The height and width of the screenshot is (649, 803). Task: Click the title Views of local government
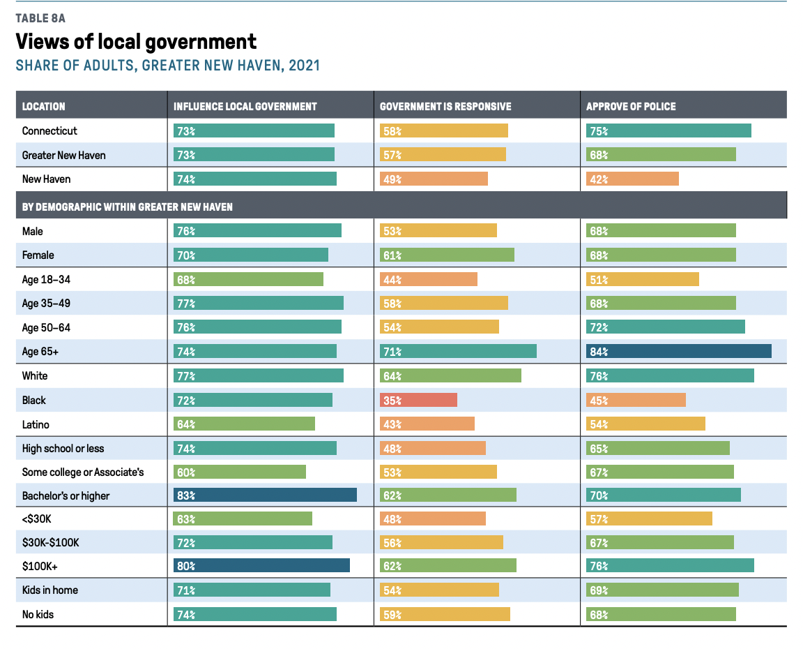pyautogui.click(x=136, y=42)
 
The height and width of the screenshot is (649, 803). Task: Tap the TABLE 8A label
pyautogui.click(x=40, y=18)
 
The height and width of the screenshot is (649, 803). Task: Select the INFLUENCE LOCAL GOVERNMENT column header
pyautogui.click(x=245, y=107)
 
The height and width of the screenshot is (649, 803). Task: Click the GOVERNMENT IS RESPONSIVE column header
pyautogui.click(x=445, y=107)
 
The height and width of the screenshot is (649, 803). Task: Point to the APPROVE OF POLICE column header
pyautogui.click(x=631, y=107)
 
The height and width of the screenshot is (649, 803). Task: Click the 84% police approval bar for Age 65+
pyautogui.click(x=679, y=351)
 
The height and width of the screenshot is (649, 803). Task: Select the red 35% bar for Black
pyautogui.click(x=418, y=400)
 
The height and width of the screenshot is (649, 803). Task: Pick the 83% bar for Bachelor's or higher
pyautogui.click(x=265, y=495)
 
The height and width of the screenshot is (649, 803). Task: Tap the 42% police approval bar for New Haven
pyautogui.click(x=632, y=179)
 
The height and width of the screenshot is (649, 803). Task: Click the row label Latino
pyautogui.click(x=36, y=424)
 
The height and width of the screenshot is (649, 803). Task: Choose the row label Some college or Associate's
pyautogui.click(x=83, y=472)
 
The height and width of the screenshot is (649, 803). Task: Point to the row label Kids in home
pyautogui.click(x=50, y=590)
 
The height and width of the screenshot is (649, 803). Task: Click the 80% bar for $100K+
pyautogui.click(x=261, y=566)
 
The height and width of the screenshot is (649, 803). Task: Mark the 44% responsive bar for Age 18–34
pyautogui.click(x=429, y=279)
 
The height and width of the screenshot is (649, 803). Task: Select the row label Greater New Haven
pyautogui.click(x=64, y=155)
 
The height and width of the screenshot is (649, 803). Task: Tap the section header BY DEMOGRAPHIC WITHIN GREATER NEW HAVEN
pyautogui.click(x=128, y=207)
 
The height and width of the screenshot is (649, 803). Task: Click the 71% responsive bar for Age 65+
pyautogui.click(x=458, y=351)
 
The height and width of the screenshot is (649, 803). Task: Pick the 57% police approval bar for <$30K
pyautogui.click(x=649, y=519)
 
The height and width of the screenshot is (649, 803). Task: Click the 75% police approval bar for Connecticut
pyautogui.click(x=668, y=130)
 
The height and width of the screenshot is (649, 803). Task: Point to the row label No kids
pyautogui.click(x=38, y=614)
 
